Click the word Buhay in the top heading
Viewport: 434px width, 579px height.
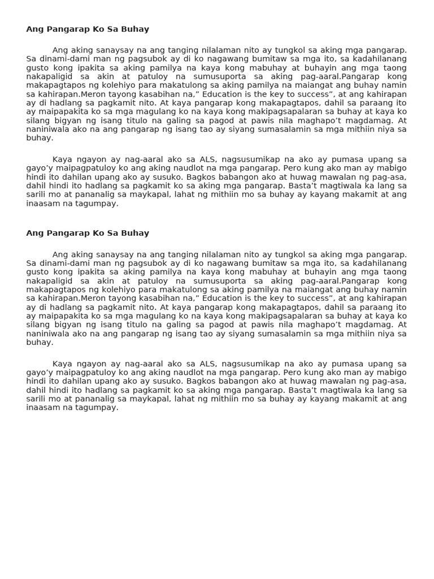pyautogui.click(x=136, y=29)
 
